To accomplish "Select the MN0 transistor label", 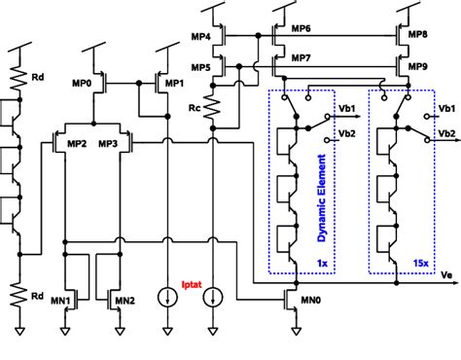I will (x=313, y=292).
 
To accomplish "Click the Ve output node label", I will (x=447, y=275).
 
